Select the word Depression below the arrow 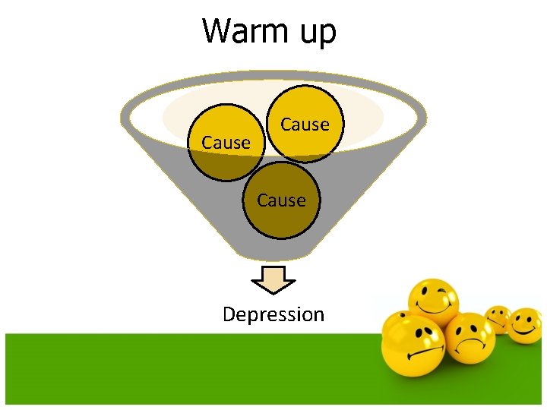[x=273, y=314]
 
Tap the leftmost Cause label [x=226, y=143]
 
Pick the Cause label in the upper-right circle [x=305, y=125]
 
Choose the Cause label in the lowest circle [x=281, y=200]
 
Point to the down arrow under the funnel [x=273, y=279]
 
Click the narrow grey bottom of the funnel [x=273, y=251]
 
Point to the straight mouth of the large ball [x=415, y=355]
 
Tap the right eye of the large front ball [x=430, y=333]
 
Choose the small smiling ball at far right [x=525, y=325]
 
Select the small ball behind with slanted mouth [x=498, y=319]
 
